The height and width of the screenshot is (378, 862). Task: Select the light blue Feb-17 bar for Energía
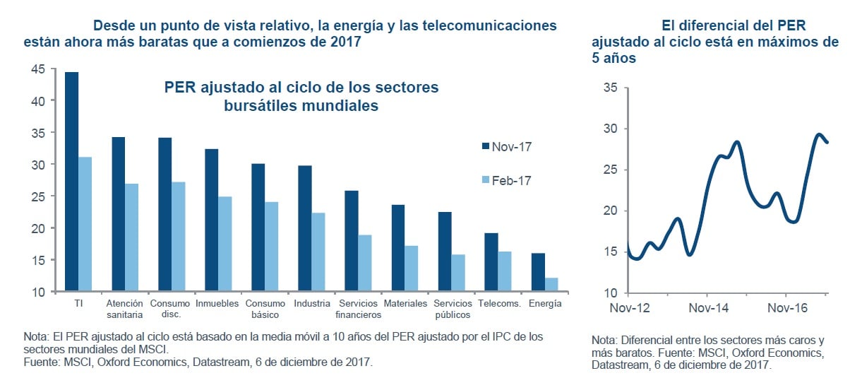[551, 284]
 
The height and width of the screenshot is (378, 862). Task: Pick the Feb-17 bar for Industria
[318, 252]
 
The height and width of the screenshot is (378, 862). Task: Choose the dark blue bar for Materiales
[398, 247]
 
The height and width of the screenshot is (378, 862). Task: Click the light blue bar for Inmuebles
[225, 243]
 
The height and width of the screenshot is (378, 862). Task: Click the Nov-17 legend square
[485, 146]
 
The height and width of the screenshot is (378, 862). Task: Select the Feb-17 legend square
[485, 180]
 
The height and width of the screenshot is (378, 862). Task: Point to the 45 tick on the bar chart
[38, 69]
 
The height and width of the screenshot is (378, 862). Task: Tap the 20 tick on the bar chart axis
[38, 228]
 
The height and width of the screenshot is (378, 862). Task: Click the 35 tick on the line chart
[611, 88]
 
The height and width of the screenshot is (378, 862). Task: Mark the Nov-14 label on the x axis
[708, 309]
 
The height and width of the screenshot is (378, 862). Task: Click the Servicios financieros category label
[358, 309]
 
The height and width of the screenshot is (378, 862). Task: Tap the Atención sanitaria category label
[124, 309]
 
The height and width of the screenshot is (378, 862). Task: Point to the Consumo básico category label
[265, 309]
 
